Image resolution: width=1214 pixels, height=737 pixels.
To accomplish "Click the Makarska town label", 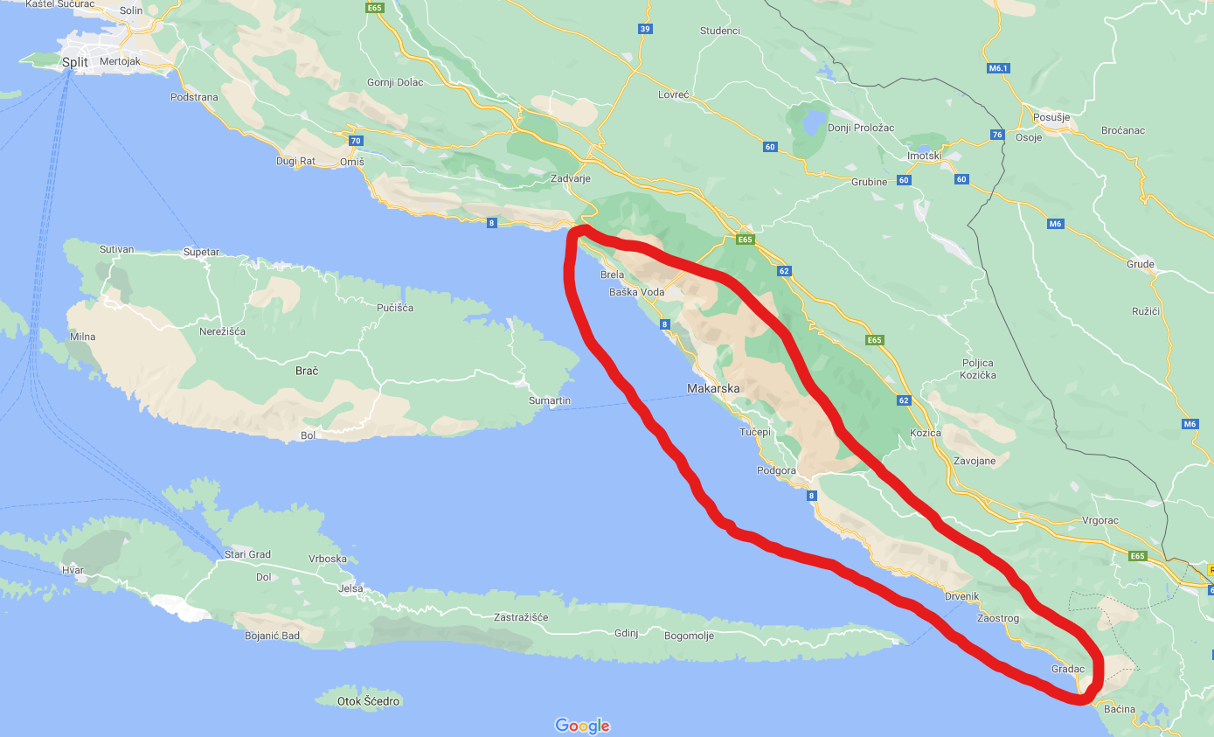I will tap(713, 388).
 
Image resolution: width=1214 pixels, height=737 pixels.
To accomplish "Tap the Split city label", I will tap(75, 62).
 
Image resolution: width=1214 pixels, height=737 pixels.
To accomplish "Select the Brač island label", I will tap(306, 371).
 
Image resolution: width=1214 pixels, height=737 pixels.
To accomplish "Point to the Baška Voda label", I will tap(636, 292).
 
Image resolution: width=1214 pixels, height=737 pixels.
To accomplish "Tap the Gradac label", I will tap(1067, 669).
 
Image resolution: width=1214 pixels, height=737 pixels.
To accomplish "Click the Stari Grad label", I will tap(247, 554).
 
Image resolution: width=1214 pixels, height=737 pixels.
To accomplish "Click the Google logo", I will tap(582, 726).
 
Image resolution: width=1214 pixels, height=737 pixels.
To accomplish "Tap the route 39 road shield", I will tap(645, 29).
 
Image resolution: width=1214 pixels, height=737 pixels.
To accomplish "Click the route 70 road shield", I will tap(355, 140).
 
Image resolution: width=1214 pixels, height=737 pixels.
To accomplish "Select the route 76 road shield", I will tap(997, 135).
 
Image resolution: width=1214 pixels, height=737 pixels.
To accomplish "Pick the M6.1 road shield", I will tap(998, 67).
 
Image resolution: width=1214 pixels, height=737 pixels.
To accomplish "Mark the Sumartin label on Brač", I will tap(549, 400).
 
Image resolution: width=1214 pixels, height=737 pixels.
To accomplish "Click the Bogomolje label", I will tap(689, 636).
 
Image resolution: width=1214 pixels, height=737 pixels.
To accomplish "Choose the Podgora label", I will tap(776, 470).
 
